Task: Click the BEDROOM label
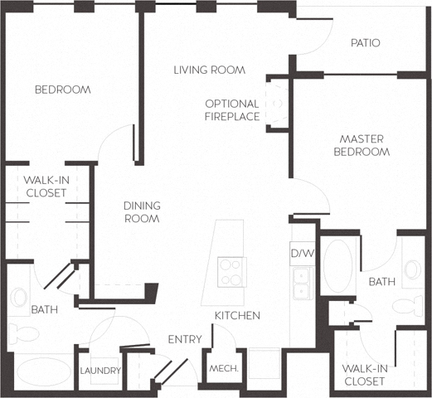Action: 62,90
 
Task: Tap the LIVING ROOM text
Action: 209,70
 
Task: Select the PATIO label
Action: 365,42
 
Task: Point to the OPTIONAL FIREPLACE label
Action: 231,110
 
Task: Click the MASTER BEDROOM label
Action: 362,145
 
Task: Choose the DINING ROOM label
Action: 141,212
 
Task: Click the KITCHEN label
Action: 237,316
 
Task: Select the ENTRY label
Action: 185,339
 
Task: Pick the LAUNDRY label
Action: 100,371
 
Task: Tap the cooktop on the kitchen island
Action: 231,269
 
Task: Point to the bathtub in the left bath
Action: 43,371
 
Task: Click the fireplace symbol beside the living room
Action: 276,104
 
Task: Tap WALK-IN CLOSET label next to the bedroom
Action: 45,187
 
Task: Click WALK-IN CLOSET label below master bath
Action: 363,375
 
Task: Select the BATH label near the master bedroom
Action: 381,282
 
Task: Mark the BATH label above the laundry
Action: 43,310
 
